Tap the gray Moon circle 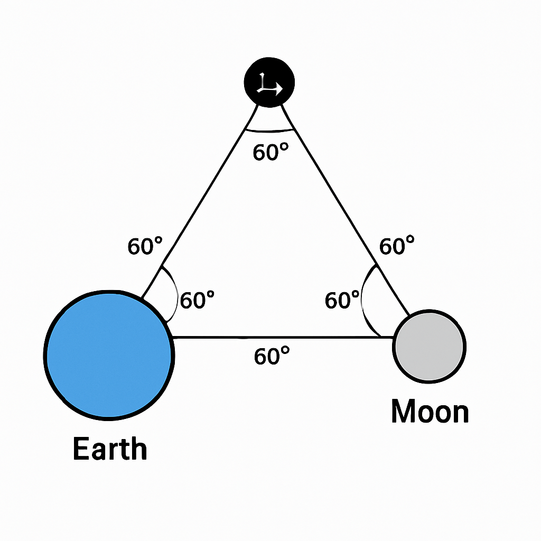[429, 347]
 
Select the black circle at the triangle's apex [269, 82]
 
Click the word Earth [109, 449]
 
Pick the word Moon [430, 412]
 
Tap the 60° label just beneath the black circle [270, 153]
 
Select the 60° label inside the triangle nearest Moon [342, 301]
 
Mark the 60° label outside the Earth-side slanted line [145, 246]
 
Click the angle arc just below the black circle [269, 130]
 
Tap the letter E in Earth [80, 449]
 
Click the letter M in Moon [403, 412]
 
